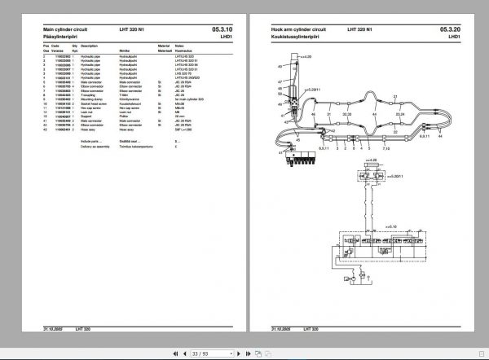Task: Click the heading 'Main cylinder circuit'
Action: point(51,29)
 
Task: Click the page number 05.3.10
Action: point(222,29)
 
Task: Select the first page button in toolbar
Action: point(174,352)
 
